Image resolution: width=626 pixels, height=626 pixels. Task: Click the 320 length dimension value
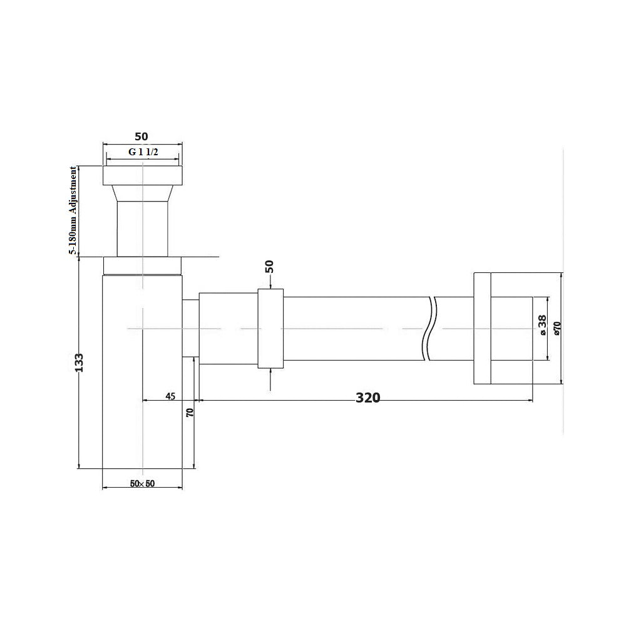368,398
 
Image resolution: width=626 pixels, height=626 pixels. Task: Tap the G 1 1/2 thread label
143,151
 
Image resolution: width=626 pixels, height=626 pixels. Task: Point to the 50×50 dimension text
142,483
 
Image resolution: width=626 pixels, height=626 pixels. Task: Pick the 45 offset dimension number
170,396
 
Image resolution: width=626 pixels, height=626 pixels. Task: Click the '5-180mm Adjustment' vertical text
73,210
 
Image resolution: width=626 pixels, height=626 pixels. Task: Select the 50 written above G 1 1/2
142,136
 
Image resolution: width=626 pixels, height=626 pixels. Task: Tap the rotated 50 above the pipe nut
269,266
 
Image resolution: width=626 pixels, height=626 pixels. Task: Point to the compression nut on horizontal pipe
270,328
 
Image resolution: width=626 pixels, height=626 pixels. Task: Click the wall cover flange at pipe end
482,327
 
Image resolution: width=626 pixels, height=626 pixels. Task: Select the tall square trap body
142,376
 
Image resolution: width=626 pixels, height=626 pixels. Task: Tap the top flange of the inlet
142,175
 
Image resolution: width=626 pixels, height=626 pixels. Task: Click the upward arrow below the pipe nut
270,379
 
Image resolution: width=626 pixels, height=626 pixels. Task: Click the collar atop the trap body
142,265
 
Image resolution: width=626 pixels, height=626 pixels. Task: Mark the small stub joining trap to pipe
190,328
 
